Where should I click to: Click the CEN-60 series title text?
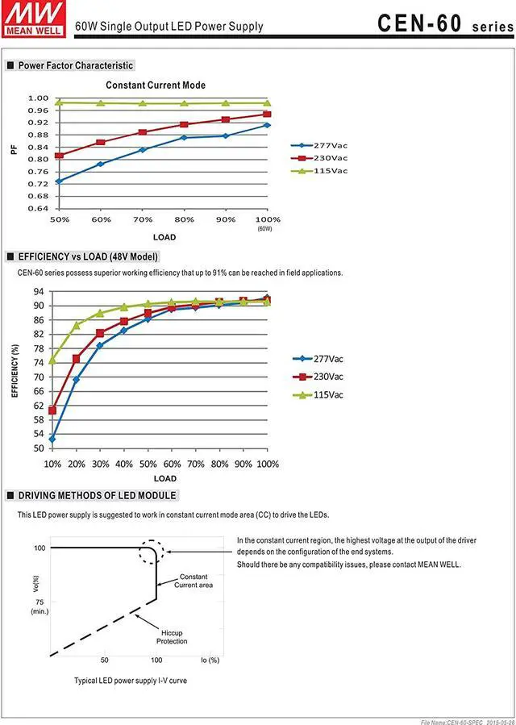(x=445, y=23)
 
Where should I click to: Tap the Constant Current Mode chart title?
(x=156, y=85)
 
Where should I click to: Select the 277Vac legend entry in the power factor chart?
(x=319, y=145)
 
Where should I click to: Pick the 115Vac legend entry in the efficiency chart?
(x=318, y=395)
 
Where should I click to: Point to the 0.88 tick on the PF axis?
(x=39, y=135)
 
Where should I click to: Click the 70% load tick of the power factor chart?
(x=143, y=219)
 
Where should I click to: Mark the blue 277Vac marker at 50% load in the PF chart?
(x=59, y=181)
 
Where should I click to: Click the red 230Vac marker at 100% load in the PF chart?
(x=267, y=115)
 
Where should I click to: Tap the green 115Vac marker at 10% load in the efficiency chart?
(x=52, y=360)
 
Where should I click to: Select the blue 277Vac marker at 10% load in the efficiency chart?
(x=52, y=439)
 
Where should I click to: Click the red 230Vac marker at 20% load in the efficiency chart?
(x=77, y=358)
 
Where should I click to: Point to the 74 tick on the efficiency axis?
(x=39, y=363)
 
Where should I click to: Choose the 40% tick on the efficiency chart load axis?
(x=123, y=464)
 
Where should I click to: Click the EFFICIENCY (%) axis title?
(x=15, y=370)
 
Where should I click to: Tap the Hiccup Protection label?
(x=172, y=637)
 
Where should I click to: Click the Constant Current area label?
(x=193, y=581)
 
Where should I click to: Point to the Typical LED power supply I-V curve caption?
(x=131, y=681)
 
